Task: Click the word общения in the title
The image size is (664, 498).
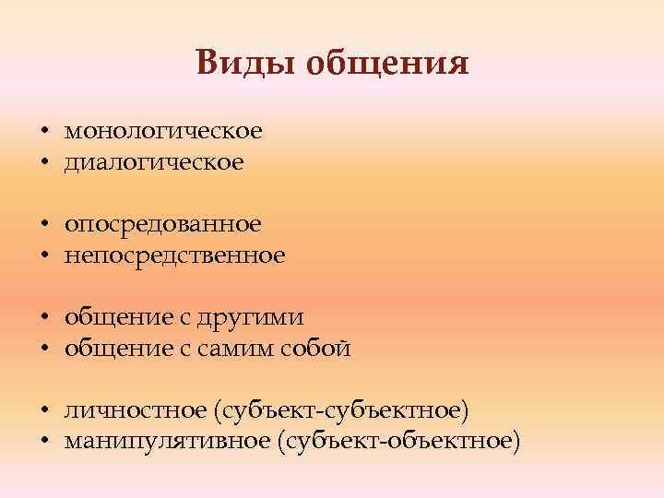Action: coord(387,65)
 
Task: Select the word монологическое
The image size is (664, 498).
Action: coord(163,132)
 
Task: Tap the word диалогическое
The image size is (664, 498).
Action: coord(154,163)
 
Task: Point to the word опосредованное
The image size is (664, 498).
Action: coord(163,224)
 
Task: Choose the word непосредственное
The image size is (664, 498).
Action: coord(175,255)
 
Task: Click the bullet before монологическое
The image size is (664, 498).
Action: coord(43,133)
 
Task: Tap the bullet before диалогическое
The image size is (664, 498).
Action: coord(43,164)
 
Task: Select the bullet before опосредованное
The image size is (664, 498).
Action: coord(43,225)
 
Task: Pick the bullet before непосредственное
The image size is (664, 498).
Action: coord(43,256)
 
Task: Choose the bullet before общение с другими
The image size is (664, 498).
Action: coord(43,318)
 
